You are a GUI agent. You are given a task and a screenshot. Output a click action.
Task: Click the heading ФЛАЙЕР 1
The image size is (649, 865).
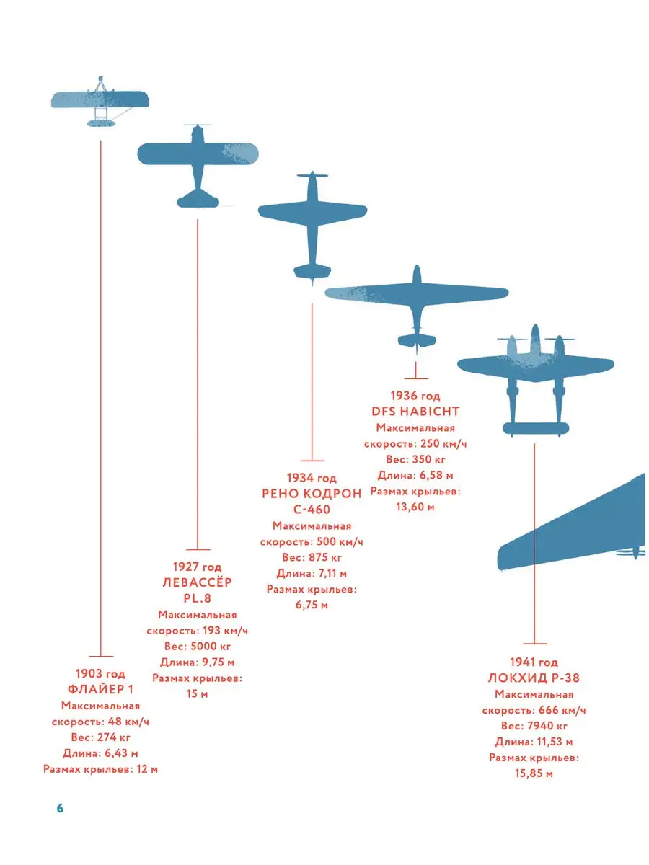pos(101,690)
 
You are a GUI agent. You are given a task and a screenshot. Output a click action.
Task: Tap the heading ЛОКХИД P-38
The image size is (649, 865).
pos(534,678)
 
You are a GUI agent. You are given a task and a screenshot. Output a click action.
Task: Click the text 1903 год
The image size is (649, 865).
pos(101,674)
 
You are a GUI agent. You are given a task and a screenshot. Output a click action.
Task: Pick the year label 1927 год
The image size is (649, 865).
pos(197,567)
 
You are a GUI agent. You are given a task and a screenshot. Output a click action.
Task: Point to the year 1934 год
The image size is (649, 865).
pos(312,478)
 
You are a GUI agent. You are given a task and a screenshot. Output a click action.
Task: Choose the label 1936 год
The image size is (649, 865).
pos(415,396)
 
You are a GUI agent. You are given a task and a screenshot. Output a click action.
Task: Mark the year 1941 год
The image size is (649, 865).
pos(534,662)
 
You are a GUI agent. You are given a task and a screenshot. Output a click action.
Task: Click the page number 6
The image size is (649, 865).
pos(61,808)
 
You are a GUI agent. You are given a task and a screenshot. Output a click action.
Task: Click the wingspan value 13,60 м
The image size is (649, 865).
pos(415,507)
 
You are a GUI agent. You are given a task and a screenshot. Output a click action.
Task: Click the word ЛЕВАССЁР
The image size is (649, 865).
pos(197,582)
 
